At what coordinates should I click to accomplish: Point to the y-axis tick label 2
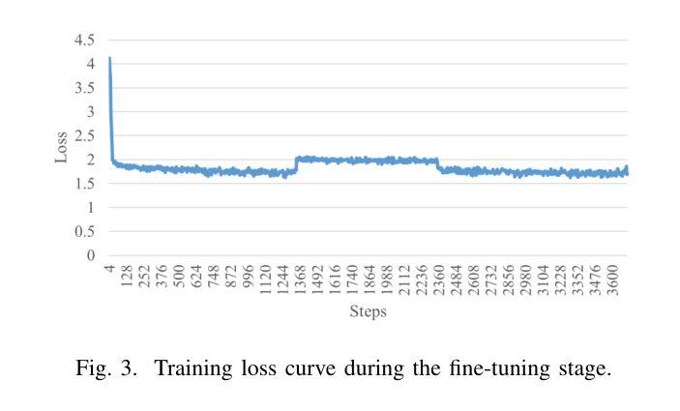tap(91, 160)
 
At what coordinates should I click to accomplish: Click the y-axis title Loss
tap(61, 148)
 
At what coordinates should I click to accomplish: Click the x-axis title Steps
tap(368, 312)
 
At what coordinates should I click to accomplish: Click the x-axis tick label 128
tap(126, 279)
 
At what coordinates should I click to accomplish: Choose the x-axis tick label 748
tap(213, 279)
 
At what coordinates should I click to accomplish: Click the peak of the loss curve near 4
tap(109, 59)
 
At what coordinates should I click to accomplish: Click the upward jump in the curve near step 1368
tap(295, 165)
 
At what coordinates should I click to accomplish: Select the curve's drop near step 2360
tap(438, 165)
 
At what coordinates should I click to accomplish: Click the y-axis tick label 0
tap(91, 255)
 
